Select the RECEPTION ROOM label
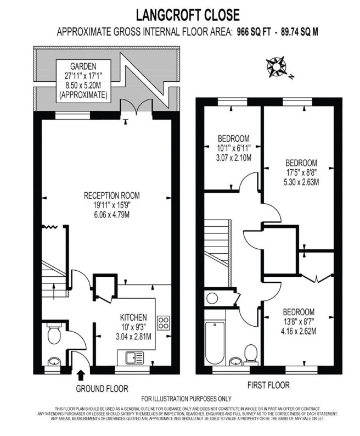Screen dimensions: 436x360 point(111,195)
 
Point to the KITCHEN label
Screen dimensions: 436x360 point(133,317)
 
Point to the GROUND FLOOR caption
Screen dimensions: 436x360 point(102,389)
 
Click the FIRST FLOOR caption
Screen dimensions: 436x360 point(268,385)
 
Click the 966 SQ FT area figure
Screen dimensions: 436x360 point(255,32)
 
